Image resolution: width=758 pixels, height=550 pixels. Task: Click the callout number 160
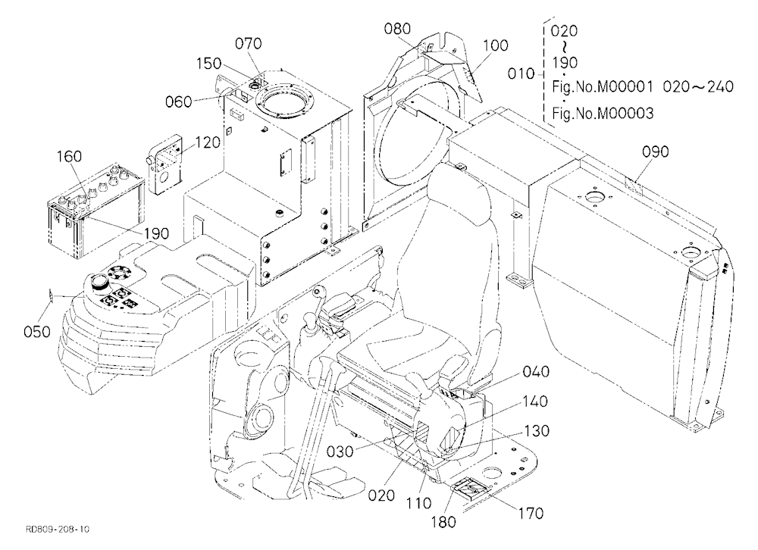click(70, 157)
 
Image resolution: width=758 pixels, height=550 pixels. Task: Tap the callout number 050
click(36, 332)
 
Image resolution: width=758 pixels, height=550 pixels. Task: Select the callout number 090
click(656, 152)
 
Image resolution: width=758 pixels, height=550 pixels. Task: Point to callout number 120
click(208, 142)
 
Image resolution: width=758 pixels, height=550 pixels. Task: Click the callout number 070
click(249, 43)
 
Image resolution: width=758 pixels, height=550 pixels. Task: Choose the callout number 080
click(397, 29)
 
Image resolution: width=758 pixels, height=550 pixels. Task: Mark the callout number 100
click(496, 45)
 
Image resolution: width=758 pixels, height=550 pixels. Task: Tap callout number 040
click(536, 371)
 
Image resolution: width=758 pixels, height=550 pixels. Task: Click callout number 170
click(531, 513)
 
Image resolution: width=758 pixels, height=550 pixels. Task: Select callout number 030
click(340, 452)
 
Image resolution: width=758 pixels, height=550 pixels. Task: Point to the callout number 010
click(521, 74)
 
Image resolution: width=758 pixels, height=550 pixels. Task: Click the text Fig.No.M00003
click(603, 114)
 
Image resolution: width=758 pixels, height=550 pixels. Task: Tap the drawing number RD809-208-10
click(58, 530)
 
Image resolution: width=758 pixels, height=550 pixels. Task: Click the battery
click(96, 211)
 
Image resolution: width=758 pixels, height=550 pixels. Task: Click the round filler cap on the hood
click(99, 281)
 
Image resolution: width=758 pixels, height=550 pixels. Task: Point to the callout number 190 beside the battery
click(156, 233)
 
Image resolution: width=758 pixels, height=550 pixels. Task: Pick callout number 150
click(209, 64)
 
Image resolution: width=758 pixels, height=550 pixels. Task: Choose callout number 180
click(443, 522)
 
